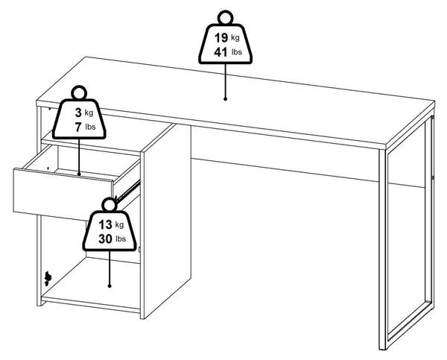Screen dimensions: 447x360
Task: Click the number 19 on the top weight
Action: [221, 38]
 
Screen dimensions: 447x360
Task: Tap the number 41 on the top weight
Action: [221, 52]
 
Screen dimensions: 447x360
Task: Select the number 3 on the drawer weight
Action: [78, 113]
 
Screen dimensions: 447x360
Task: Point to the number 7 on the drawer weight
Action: [78, 127]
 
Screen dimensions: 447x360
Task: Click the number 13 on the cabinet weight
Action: [105, 225]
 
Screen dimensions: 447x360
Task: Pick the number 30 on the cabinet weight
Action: [105, 239]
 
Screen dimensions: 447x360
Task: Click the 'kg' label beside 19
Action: [235, 38]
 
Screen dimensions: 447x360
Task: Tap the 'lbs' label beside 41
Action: [237, 52]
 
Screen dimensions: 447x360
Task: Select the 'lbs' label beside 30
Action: [121, 239]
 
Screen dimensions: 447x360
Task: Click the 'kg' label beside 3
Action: [89, 113]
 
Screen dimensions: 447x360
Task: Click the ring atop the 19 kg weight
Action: [225, 18]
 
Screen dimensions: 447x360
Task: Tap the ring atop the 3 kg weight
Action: [79, 92]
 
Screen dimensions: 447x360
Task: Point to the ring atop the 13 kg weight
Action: [110, 205]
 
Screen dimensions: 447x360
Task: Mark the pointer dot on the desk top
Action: [225, 99]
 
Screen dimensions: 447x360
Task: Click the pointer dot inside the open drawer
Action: [79, 174]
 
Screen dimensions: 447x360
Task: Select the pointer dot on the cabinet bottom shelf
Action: [110, 285]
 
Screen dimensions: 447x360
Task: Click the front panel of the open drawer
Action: [63, 195]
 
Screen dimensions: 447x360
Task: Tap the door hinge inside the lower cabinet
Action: [48, 279]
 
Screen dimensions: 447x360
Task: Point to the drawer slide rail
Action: [128, 191]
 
